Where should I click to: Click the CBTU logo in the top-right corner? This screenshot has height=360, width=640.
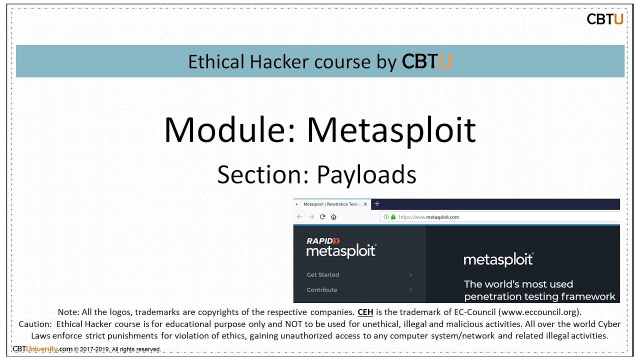tap(604, 19)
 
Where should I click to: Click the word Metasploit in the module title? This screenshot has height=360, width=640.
tap(391, 130)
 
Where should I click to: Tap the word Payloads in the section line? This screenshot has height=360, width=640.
tap(366, 175)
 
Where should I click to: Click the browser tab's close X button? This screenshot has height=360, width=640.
tap(365, 204)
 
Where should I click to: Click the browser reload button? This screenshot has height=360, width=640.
tap(322, 217)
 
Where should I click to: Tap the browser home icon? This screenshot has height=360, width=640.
tap(333, 217)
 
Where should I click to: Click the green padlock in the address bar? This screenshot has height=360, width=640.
tap(393, 217)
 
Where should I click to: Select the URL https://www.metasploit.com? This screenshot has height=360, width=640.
tap(429, 217)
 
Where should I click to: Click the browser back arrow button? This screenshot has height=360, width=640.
tap(299, 217)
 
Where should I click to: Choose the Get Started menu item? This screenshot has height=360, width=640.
tap(322, 274)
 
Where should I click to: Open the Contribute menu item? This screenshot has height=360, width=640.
tap(322, 289)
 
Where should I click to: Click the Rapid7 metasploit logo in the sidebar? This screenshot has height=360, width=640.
tap(341, 247)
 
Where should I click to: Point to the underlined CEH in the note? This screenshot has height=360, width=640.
tap(365, 312)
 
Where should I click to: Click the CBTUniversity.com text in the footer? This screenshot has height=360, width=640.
tap(42, 349)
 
